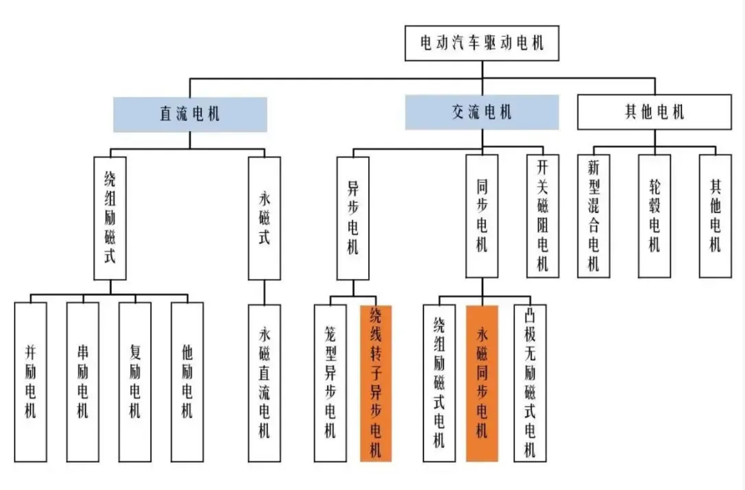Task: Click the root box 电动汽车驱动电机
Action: tap(482, 43)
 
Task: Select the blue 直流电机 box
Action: tap(190, 114)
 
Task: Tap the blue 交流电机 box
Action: tap(482, 112)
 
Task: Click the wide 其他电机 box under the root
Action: tap(654, 112)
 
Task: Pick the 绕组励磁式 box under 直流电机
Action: tap(110, 218)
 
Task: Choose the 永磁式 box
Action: tap(264, 218)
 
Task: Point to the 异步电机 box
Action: tap(353, 218)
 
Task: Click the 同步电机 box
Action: tap(482, 216)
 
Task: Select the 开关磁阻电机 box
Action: tap(542, 216)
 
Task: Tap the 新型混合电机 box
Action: tap(593, 216)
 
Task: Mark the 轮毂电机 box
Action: tap(654, 216)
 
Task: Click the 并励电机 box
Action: tap(30, 382)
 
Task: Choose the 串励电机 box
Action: tap(83, 382)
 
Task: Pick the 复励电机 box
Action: tap(135, 382)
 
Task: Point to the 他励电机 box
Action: tap(187, 382)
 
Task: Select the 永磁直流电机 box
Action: tap(264, 383)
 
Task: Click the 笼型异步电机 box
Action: tap(330, 383)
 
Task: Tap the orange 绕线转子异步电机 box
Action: tap(376, 383)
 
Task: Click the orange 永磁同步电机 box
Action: tap(482, 383)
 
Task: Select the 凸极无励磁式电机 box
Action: tap(530, 383)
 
